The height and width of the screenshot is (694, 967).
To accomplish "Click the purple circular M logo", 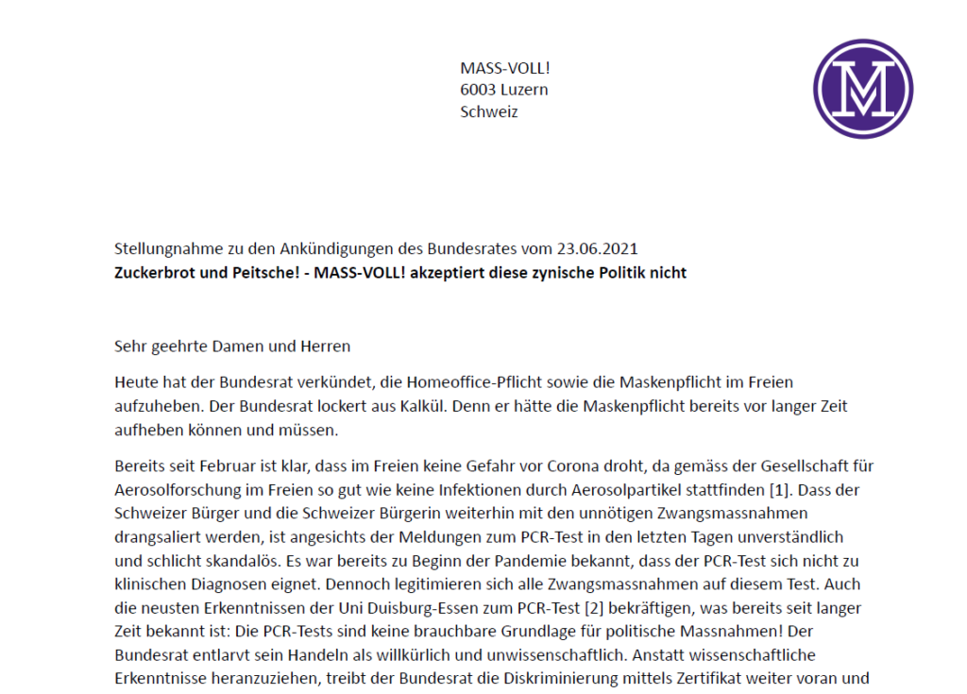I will pyautogui.click(x=863, y=89).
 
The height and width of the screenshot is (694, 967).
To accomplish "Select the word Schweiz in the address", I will pyautogui.click(x=489, y=111).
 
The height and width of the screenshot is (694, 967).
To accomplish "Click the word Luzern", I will pyautogui.click(x=526, y=90).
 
